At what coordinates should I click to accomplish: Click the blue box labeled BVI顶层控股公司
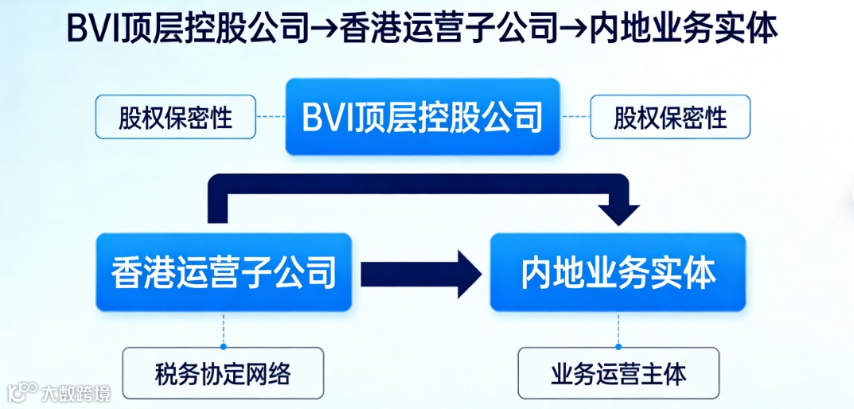(x=423, y=117)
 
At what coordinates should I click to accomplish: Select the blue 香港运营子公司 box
(x=224, y=272)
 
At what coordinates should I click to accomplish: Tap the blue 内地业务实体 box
(x=618, y=272)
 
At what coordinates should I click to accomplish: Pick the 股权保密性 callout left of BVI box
(x=176, y=117)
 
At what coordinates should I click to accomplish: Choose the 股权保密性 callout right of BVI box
(x=670, y=117)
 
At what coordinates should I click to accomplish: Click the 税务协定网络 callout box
(x=223, y=372)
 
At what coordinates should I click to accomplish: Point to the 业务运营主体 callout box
(x=618, y=372)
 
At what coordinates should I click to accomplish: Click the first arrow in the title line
(x=323, y=29)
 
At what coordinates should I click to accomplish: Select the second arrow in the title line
(x=574, y=29)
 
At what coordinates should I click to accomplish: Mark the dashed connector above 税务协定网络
(x=224, y=329)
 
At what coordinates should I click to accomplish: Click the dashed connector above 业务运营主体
(x=618, y=329)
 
